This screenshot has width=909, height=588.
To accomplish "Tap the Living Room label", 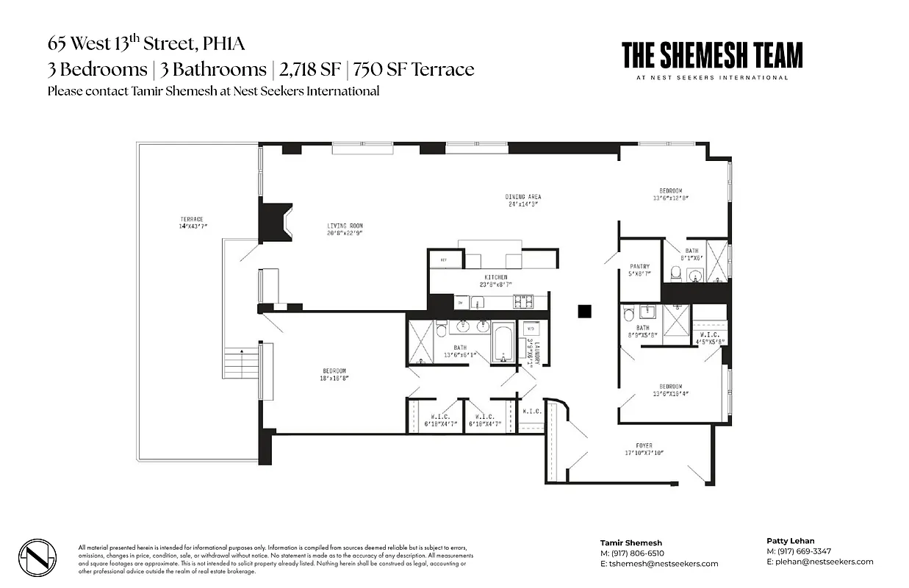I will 345,229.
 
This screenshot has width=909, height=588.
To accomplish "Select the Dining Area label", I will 522,201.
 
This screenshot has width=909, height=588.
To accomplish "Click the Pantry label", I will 639,270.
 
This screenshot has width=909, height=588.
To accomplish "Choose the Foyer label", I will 644,449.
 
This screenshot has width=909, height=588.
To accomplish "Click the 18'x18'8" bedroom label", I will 334,374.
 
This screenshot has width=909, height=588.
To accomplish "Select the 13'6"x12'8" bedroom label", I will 669,194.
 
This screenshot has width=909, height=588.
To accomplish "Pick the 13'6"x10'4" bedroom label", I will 670,390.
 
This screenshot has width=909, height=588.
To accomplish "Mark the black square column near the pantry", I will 585,311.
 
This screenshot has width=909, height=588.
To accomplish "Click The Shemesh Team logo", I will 711,60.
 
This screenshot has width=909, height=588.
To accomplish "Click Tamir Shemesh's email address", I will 658,564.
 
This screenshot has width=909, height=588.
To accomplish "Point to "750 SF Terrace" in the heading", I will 413,70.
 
